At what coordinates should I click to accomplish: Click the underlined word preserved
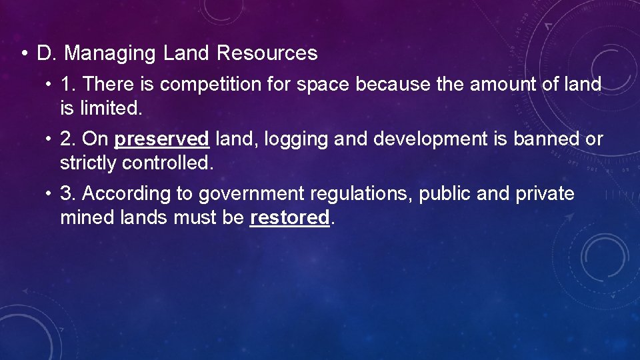162,139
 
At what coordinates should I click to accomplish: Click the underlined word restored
289,217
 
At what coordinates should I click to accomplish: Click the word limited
109,107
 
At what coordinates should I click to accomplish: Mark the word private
545,194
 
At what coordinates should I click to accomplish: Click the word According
126,194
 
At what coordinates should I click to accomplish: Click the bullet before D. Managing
24,53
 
